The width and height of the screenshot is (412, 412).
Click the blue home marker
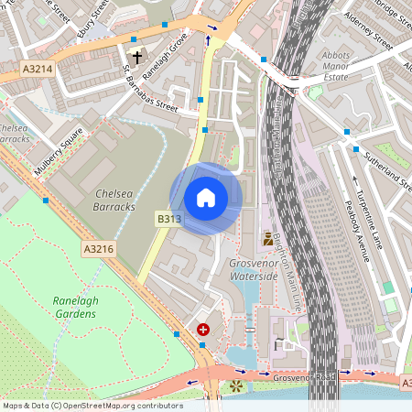(x=206, y=198)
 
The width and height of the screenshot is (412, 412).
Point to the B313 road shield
(x=168, y=219)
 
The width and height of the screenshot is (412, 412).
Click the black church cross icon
(x=137, y=58)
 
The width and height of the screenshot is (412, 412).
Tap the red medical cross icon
(x=202, y=328)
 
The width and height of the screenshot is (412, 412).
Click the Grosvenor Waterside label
(x=254, y=268)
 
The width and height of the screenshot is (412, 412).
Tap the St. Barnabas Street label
(x=150, y=91)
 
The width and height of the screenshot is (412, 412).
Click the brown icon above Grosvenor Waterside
(x=268, y=239)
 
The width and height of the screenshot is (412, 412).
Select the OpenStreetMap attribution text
(x=92, y=406)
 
